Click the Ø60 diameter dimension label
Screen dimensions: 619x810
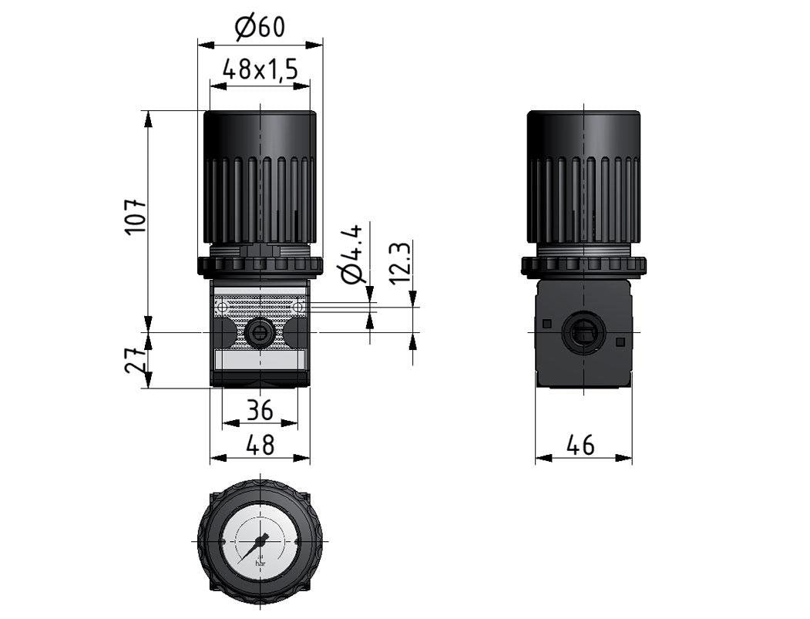260,27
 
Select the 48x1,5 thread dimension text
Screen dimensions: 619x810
260,70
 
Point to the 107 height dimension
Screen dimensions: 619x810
136,217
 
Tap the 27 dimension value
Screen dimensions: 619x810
136,360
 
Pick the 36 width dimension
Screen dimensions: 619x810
259,410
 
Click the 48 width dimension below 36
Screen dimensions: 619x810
259,445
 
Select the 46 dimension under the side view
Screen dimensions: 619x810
583,445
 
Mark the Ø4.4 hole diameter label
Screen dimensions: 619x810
351,254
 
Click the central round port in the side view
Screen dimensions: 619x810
583,332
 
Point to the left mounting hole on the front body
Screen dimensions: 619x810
222,308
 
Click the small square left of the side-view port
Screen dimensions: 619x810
547,323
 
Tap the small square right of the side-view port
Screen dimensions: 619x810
620,341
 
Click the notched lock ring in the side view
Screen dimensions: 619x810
583,266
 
